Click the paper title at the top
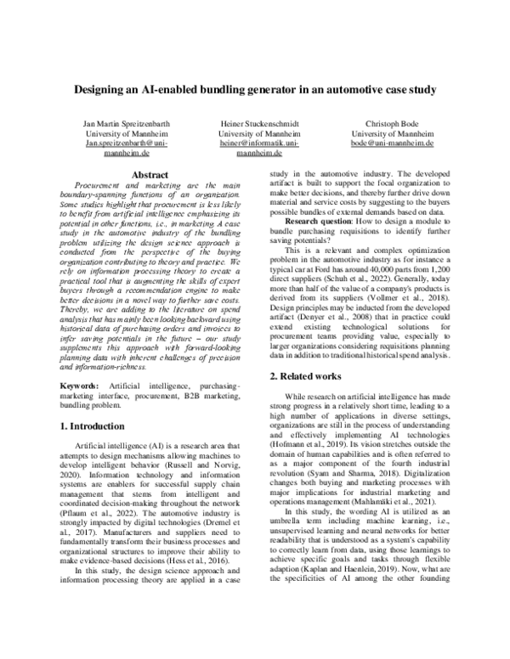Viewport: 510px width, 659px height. pos(255,87)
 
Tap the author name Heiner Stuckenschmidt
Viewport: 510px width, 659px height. pos(256,124)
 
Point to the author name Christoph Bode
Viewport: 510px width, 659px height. pos(393,124)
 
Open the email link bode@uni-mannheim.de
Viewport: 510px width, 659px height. pos(393,144)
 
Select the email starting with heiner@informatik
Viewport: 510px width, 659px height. pos(256,144)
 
